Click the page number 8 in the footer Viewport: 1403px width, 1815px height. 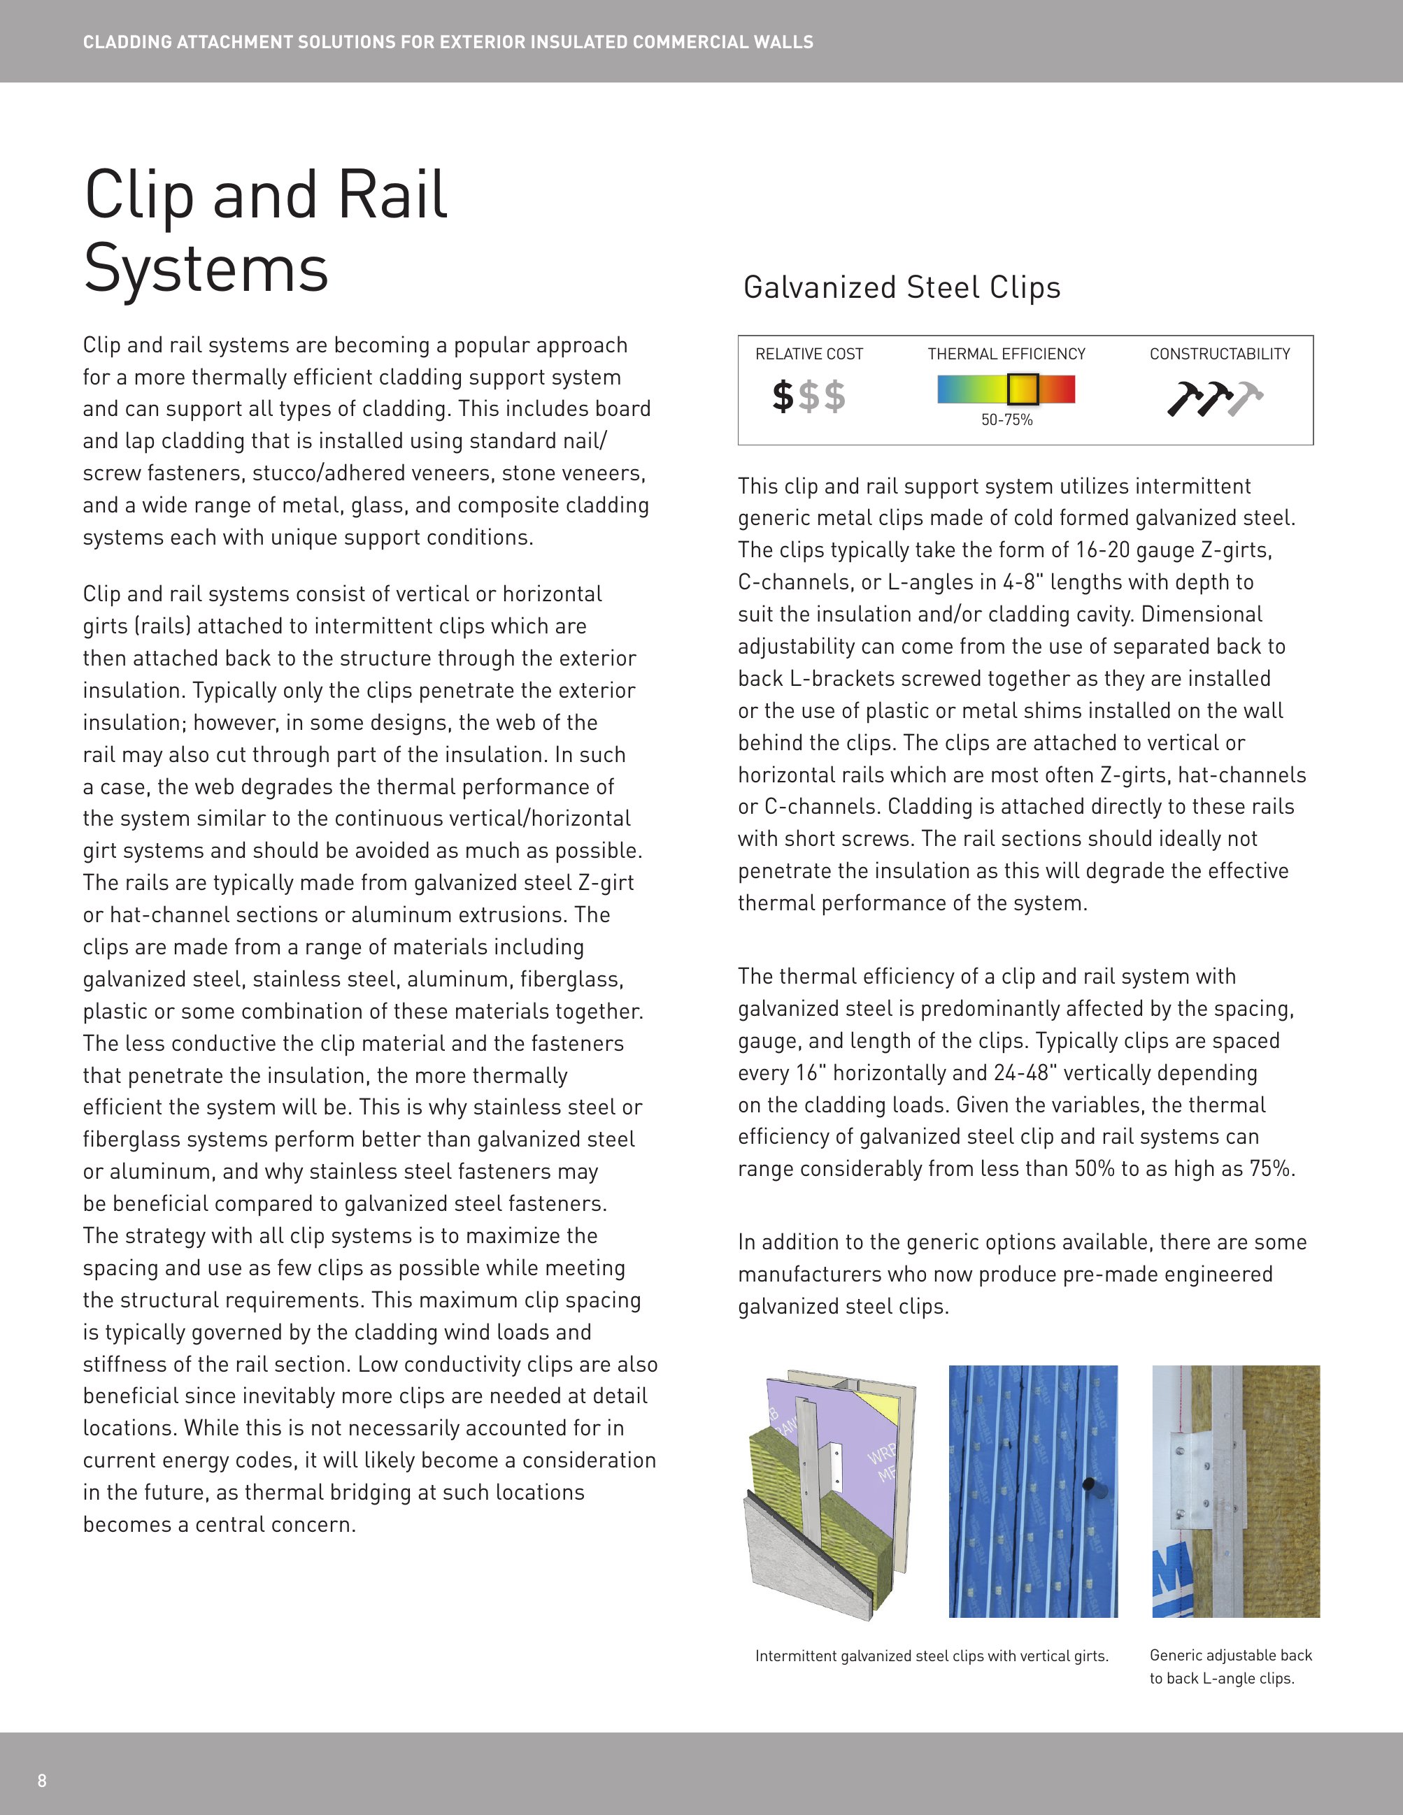pos(41,1780)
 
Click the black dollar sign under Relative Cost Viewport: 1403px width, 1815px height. pos(782,396)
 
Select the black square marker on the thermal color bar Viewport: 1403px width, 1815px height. pos(1023,388)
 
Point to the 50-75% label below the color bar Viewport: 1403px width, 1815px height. pos(1006,420)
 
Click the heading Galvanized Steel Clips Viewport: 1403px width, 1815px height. pos(902,287)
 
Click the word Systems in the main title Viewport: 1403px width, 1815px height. pos(206,268)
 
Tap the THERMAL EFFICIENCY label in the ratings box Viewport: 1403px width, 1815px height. pos(1006,354)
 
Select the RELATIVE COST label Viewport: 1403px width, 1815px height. pos(809,354)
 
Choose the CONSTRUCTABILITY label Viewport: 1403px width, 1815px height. pos(1219,354)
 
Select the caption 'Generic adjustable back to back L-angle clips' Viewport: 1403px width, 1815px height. pos(1230,1666)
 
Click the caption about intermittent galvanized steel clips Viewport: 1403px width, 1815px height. pos(932,1656)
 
